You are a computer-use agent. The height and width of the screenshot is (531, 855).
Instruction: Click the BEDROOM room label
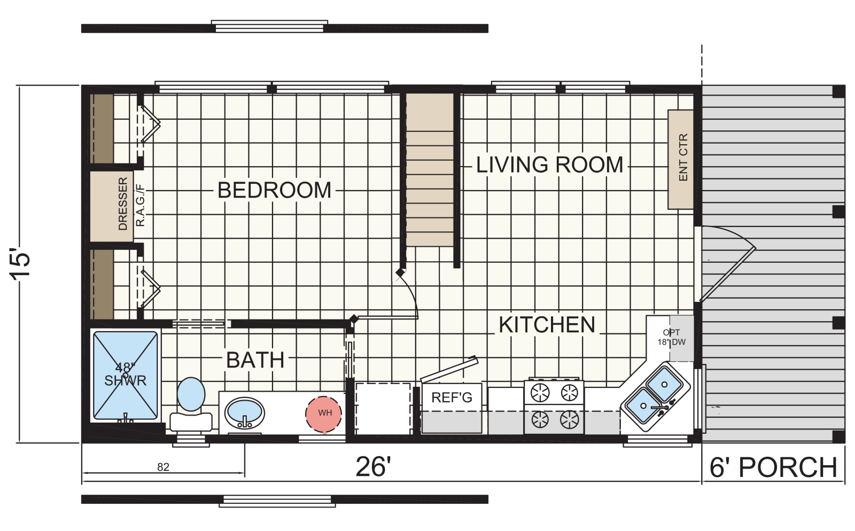click(x=274, y=190)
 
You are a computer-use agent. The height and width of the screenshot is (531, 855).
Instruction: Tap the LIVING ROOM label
click(x=549, y=165)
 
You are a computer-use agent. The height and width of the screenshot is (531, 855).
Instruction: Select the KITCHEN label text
click(x=547, y=325)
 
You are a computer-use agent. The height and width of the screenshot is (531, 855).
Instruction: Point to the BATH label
click(x=255, y=360)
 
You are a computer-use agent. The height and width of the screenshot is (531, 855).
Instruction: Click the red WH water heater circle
click(x=324, y=414)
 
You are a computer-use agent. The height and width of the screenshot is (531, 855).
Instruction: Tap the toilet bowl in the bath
click(x=191, y=394)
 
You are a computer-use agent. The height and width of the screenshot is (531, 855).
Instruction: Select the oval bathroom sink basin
click(x=244, y=413)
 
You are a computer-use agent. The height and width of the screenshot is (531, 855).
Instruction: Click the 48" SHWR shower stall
click(x=125, y=376)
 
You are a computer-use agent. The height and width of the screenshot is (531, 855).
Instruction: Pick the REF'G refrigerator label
click(x=452, y=398)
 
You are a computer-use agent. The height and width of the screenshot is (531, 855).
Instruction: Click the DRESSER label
click(x=123, y=204)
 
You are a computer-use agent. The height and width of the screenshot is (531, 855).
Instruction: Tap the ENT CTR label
click(x=683, y=157)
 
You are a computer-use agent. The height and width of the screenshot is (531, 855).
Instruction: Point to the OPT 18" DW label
click(x=671, y=337)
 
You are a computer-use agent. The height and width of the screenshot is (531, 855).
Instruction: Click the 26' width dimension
click(x=374, y=467)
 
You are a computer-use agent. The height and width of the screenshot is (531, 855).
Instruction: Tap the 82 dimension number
click(x=163, y=467)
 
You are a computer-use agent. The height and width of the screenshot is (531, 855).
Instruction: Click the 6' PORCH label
click(x=773, y=467)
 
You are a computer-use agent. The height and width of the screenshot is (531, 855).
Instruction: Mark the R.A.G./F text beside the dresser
click(x=141, y=205)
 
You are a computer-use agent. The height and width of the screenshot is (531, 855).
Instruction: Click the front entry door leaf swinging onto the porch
click(x=727, y=275)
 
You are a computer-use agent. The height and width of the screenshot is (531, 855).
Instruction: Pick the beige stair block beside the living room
click(x=430, y=170)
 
